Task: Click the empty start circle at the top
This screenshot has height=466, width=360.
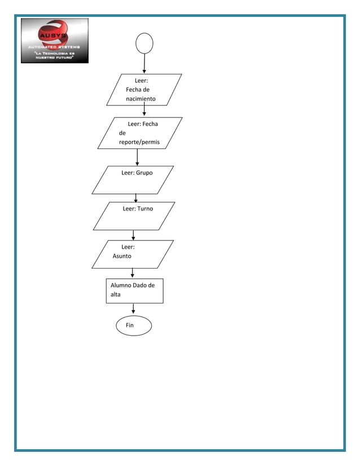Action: (144, 43)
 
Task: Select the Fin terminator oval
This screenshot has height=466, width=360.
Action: (134, 326)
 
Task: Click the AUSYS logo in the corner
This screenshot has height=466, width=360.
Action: (55, 40)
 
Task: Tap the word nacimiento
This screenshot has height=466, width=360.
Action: (141, 99)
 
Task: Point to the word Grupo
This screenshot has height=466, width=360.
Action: (143, 173)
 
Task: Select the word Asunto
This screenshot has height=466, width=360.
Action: (122, 256)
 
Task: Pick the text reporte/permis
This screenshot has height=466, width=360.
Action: (139, 143)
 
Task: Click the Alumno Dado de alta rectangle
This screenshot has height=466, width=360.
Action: (135, 291)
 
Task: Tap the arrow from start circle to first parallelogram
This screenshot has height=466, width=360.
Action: (144, 64)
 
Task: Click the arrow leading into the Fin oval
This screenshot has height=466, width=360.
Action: (133, 309)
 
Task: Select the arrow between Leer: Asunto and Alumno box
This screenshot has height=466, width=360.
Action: (132, 272)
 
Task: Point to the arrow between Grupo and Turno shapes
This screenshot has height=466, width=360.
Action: (136, 198)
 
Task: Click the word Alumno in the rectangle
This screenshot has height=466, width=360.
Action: (121, 285)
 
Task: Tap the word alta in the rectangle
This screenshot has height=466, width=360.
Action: (115, 294)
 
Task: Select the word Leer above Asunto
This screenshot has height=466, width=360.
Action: (128, 247)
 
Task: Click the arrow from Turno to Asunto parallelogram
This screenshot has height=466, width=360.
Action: (133, 235)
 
